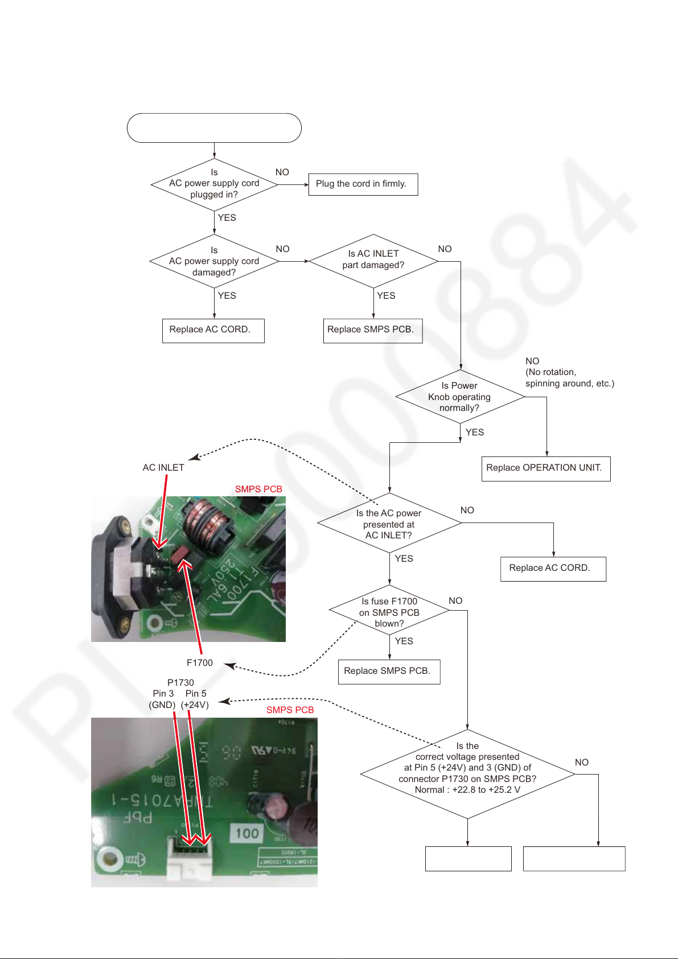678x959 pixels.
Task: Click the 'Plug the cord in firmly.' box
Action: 363,184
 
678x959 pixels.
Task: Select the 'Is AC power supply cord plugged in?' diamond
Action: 214,184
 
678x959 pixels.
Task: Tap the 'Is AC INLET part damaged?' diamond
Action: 373,260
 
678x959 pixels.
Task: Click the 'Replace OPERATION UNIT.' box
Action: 545,468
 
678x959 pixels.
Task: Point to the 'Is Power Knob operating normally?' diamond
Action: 459,397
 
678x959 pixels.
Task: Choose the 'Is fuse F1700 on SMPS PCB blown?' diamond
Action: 389,612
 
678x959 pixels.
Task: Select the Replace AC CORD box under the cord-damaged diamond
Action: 213,331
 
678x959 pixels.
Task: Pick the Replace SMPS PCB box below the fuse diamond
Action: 389,672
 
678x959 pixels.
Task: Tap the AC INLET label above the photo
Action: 163,468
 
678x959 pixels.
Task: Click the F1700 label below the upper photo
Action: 200,663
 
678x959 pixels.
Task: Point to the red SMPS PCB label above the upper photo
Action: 258,489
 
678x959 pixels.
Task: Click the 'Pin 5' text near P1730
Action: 196,694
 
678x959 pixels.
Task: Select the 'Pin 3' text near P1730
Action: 163,694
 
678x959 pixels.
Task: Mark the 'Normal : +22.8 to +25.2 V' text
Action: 467,790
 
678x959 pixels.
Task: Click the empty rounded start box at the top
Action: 214,128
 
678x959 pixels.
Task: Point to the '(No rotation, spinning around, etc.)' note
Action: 569,378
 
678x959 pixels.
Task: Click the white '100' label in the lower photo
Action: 247,834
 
